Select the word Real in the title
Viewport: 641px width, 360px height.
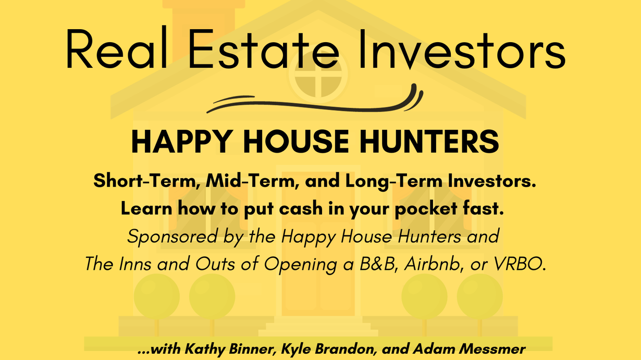click(x=116, y=47)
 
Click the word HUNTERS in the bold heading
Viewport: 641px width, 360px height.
click(x=429, y=141)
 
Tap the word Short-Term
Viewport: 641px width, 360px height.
click(x=147, y=181)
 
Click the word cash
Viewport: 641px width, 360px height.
click(x=301, y=208)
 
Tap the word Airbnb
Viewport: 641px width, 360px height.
click(x=434, y=264)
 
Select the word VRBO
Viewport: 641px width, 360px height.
click(x=519, y=264)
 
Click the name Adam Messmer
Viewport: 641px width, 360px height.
click(x=469, y=349)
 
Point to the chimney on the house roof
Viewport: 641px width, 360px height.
click(x=204, y=29)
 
